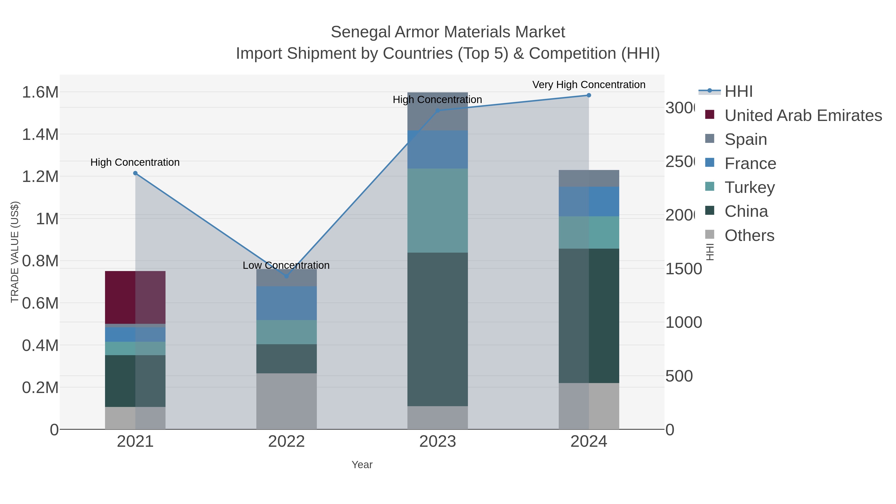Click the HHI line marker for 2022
[286, 276]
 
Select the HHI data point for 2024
[589, 95]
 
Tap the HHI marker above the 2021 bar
[135, 173]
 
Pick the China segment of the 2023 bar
[437, 329]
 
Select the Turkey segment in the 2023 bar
[437, 210]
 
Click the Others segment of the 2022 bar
[286, 401]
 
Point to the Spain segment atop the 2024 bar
[589, 178]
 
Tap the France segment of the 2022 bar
[286, 303]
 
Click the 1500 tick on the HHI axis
[683, 269]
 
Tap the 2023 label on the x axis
[437, 442]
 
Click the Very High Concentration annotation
[589, 85]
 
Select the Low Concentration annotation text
[286, 265]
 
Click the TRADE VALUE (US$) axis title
[15, 252]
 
